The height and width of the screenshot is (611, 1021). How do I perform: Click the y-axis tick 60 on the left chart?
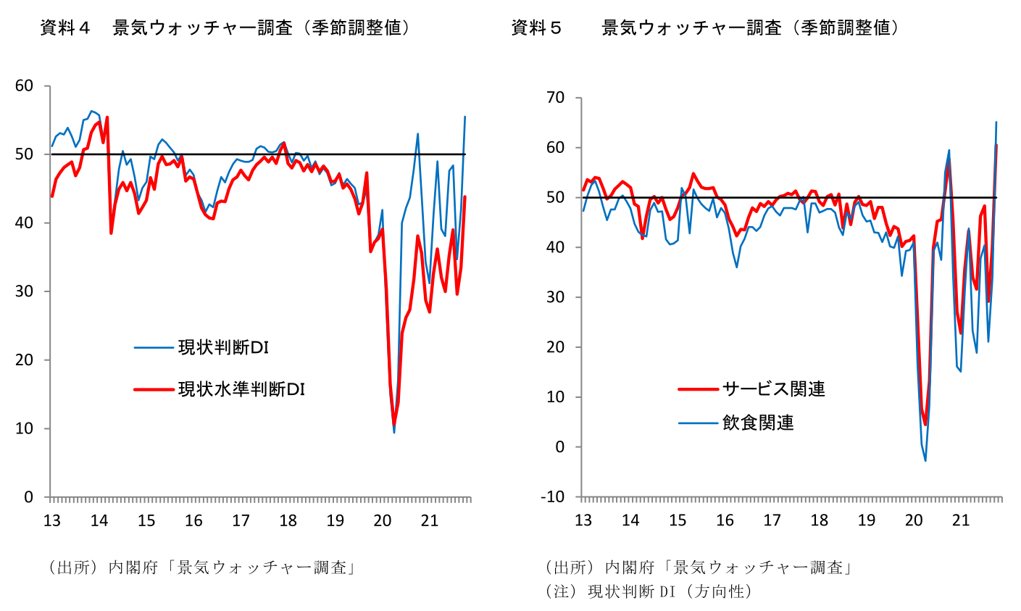24,86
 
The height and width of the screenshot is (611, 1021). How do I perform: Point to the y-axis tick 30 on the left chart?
24,291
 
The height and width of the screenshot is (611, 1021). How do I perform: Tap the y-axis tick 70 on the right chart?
555,98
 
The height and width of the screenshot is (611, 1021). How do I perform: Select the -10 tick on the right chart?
552,496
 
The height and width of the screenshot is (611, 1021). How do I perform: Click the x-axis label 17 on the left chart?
241,520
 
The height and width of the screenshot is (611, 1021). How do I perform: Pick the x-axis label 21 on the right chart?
961,520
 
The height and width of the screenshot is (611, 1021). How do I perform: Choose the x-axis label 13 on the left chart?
52,520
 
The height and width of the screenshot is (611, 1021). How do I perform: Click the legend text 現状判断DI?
223,348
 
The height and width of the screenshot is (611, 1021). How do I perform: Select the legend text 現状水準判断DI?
241,389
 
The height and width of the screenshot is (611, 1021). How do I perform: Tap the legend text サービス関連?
774,389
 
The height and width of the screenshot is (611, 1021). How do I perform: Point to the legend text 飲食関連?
758,423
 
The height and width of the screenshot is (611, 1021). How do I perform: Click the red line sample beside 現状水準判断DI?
154,390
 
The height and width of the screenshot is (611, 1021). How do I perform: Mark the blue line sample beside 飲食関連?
699,423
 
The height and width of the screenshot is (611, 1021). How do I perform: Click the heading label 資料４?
65,28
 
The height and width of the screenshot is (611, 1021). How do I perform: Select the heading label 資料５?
536,28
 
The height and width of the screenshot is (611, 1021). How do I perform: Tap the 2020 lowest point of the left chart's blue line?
393,432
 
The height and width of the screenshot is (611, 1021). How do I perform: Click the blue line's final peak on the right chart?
996,122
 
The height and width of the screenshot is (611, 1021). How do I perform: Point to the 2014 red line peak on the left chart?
107,117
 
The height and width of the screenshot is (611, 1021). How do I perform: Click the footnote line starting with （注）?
649,591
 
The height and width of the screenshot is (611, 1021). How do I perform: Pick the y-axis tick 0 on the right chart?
560,447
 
